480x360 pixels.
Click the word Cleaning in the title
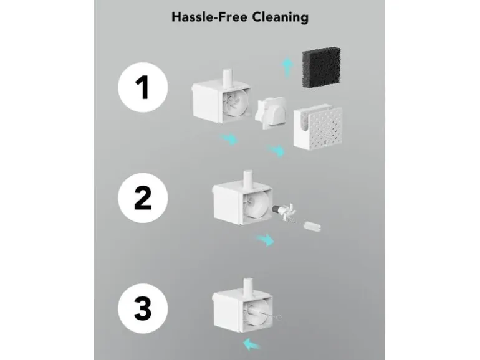[x=280, y=17]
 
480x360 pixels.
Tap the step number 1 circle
[x=143, y=87]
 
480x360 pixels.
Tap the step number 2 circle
[x=143, y=198]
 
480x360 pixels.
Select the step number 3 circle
[x=143, y=308]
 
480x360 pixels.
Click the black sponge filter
[x=322, y=67]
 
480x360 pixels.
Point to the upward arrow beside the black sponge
[x=287, y=67]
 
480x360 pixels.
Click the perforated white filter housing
[x=318, y=127]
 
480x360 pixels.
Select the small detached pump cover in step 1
[x=271, y=112]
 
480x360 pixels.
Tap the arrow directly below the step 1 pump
[x=229, y=139]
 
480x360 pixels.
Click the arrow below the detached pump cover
[x=276, y=151]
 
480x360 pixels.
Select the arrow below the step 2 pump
[x=265, y=239]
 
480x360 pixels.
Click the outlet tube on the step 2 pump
[x=247, y=179]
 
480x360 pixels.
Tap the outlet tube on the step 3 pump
[x=247, y=287]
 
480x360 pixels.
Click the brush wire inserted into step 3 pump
[x=266, y=315]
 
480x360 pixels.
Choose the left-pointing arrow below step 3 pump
[x=252, y=344]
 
